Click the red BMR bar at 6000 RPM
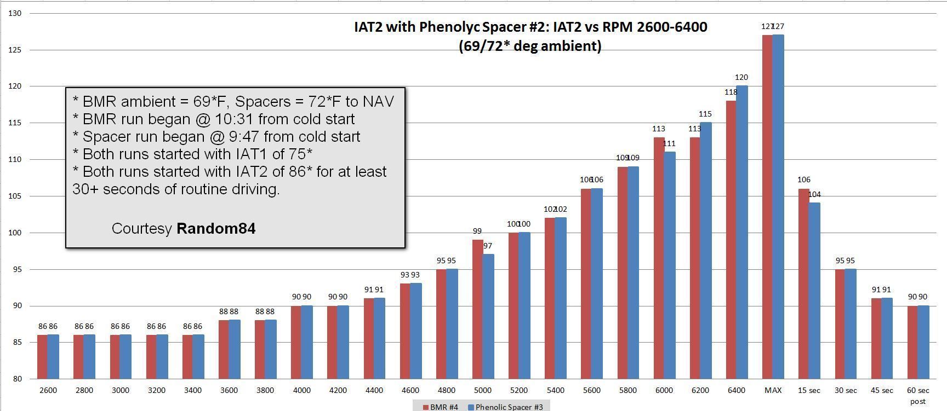(659, 257)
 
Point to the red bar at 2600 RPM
(42, 356)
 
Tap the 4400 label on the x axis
(374, 390)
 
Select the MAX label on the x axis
(773, 390)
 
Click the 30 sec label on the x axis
(846, 390)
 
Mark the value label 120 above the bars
(741, 78)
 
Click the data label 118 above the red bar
(731, 92)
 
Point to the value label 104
(814, 194)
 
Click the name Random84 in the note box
(216, 228)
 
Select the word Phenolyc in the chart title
(449, 27)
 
